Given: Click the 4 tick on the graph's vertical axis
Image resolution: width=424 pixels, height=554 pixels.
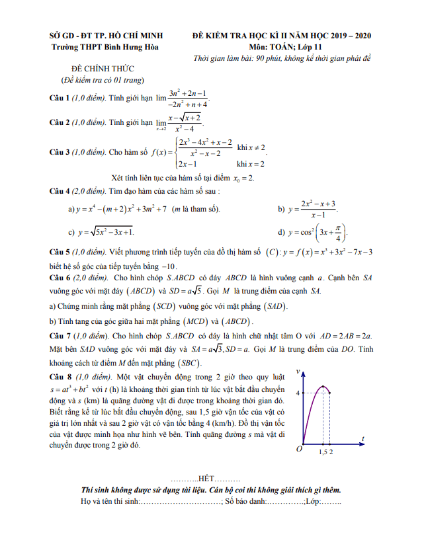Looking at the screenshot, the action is (297, 393).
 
